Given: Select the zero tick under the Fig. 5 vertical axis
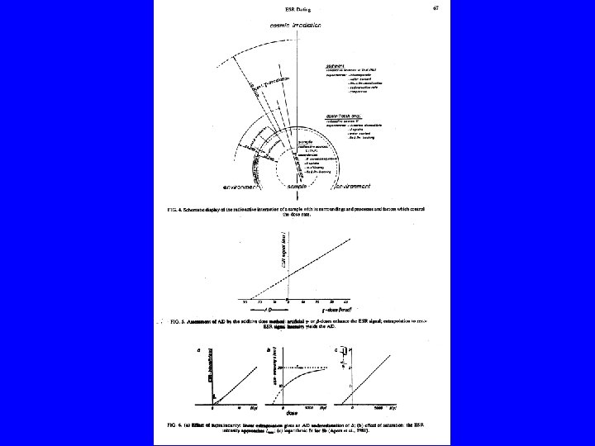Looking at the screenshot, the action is coord(286,301).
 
